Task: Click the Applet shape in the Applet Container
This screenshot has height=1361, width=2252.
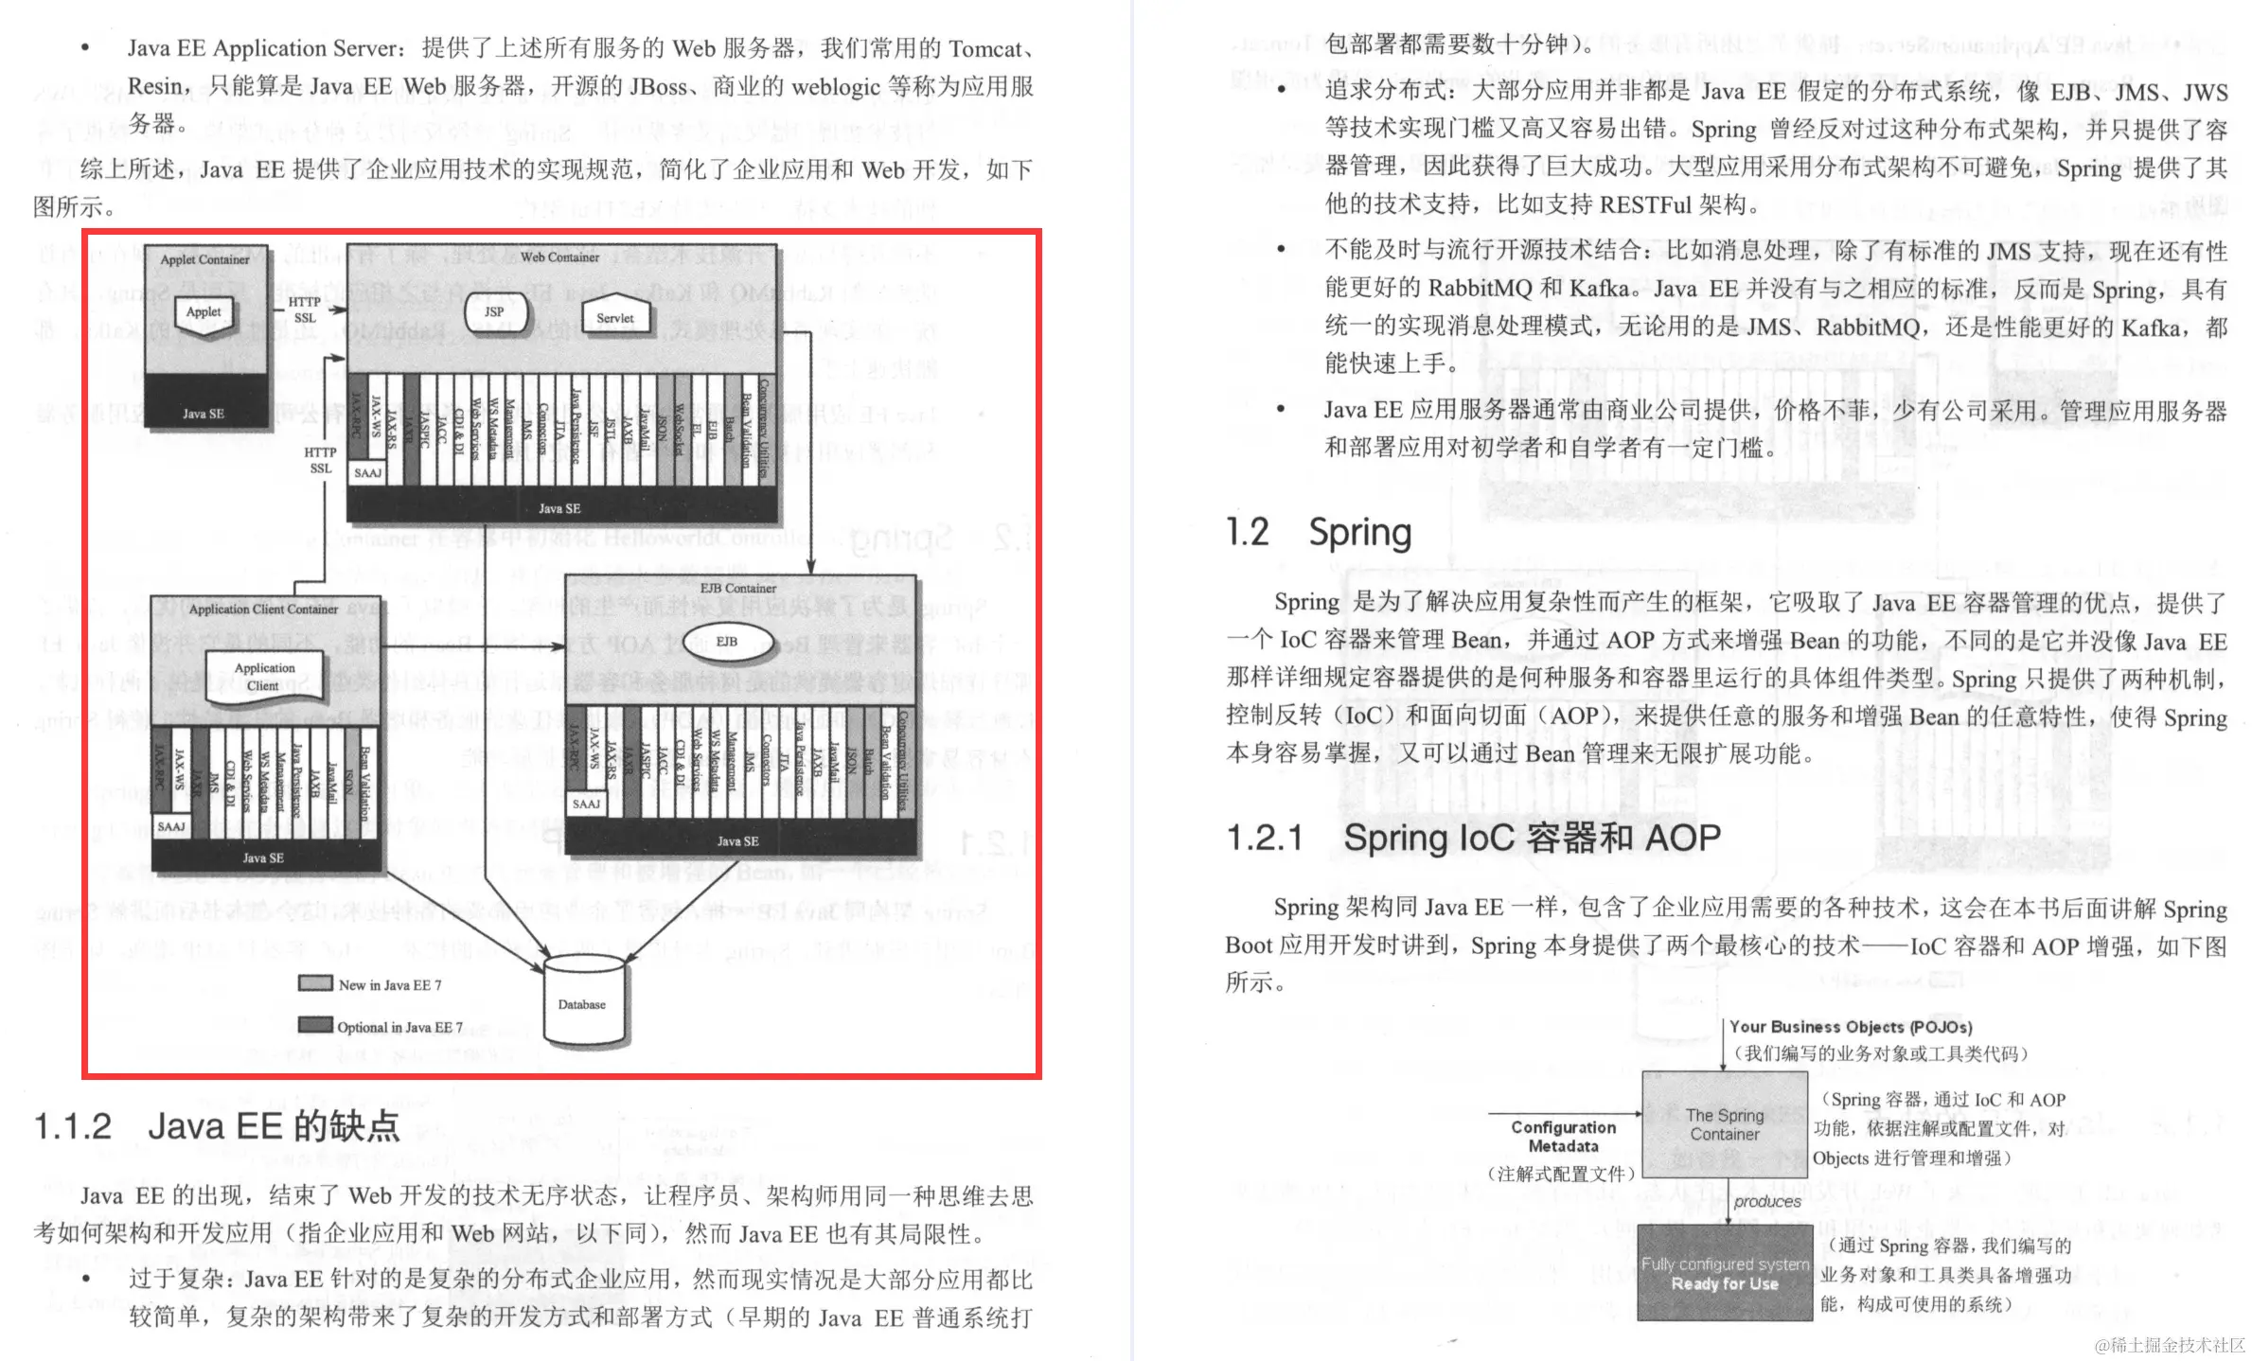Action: tap(204, 315)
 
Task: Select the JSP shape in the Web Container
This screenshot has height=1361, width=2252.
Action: tap(493, 312)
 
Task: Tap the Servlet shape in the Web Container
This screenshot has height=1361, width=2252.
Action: tap(615, 318)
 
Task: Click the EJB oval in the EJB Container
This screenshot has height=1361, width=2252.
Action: tap(726, 642)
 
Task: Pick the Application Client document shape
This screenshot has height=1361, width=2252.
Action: tap(264, 677)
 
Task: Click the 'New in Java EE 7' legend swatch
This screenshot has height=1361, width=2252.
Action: tap(315, 983)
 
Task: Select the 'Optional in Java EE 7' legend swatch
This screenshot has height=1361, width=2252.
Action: tap(315, 1025)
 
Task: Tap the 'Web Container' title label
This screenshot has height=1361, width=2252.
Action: tap(559, 256)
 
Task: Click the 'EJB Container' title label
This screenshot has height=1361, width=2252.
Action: tap(737, 588)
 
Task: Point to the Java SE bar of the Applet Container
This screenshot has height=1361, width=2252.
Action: tap(204, 414)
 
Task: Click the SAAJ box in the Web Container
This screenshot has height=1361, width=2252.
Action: tap(367, 472)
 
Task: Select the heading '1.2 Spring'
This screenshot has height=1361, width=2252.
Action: tap(1318, 532)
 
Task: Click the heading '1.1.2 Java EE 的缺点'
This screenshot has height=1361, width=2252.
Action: tap(217, 1126)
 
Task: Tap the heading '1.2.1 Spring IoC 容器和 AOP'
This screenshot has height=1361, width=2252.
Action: tap(1473, 838)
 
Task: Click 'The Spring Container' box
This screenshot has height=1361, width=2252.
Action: tap(1724, 1124)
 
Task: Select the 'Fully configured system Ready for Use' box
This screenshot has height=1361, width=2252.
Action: tap(1724, 1273)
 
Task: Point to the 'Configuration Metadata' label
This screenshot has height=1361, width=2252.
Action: tap(1563, 1136)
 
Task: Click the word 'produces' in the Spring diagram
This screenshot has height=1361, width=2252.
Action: tap(1767, 1201)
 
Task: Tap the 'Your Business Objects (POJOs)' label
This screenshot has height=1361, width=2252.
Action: tap(1850, 1027)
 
